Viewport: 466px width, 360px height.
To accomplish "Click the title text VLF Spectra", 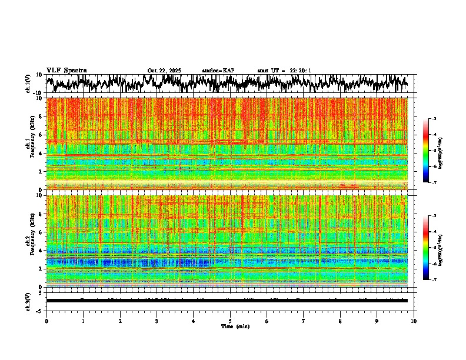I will (66, 71).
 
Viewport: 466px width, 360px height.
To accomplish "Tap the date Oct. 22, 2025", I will (164, 71).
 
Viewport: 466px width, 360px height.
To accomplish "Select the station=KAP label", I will (218, 71).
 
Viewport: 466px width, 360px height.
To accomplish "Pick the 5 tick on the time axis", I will (230, 321).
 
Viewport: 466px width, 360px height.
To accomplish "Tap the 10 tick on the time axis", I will (414, 321).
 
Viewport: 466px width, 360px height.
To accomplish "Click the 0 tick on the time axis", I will (46, 321).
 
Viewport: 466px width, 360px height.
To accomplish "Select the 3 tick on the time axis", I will (157, 321).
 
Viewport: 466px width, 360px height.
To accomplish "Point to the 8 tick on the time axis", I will (340, 321).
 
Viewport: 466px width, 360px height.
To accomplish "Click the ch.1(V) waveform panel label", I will (28, 84).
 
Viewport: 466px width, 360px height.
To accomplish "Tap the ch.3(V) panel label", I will (28, 301).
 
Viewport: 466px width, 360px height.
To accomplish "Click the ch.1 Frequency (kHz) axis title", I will (29, 144).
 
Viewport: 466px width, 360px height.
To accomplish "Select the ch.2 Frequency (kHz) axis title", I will (29, 241).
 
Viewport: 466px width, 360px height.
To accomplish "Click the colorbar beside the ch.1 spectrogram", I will (431, 151).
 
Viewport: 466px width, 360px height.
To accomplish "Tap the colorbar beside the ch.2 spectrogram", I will (431, 248).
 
